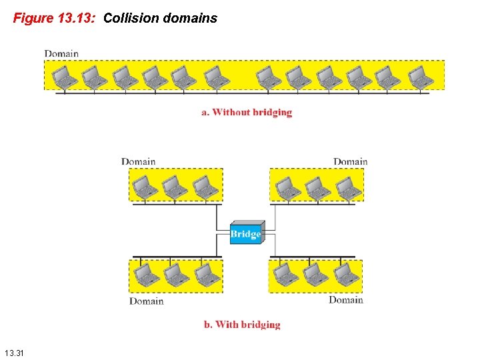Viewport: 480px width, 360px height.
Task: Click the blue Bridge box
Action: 245,233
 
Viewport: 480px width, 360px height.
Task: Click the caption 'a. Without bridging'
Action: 247,112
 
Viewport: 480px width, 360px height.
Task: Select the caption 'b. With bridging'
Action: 242,325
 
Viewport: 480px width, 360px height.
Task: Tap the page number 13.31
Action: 13,352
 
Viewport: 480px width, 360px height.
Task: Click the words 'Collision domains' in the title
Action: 161,18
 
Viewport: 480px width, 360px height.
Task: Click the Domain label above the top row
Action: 61,53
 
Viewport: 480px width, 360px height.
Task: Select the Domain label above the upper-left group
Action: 139,161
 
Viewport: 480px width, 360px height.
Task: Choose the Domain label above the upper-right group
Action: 350,161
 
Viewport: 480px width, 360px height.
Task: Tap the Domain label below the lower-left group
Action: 147,301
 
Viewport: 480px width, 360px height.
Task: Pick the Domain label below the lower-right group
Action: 345,300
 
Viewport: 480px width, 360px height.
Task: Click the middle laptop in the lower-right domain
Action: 316,274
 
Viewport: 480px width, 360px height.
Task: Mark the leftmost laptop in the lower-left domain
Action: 143,275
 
